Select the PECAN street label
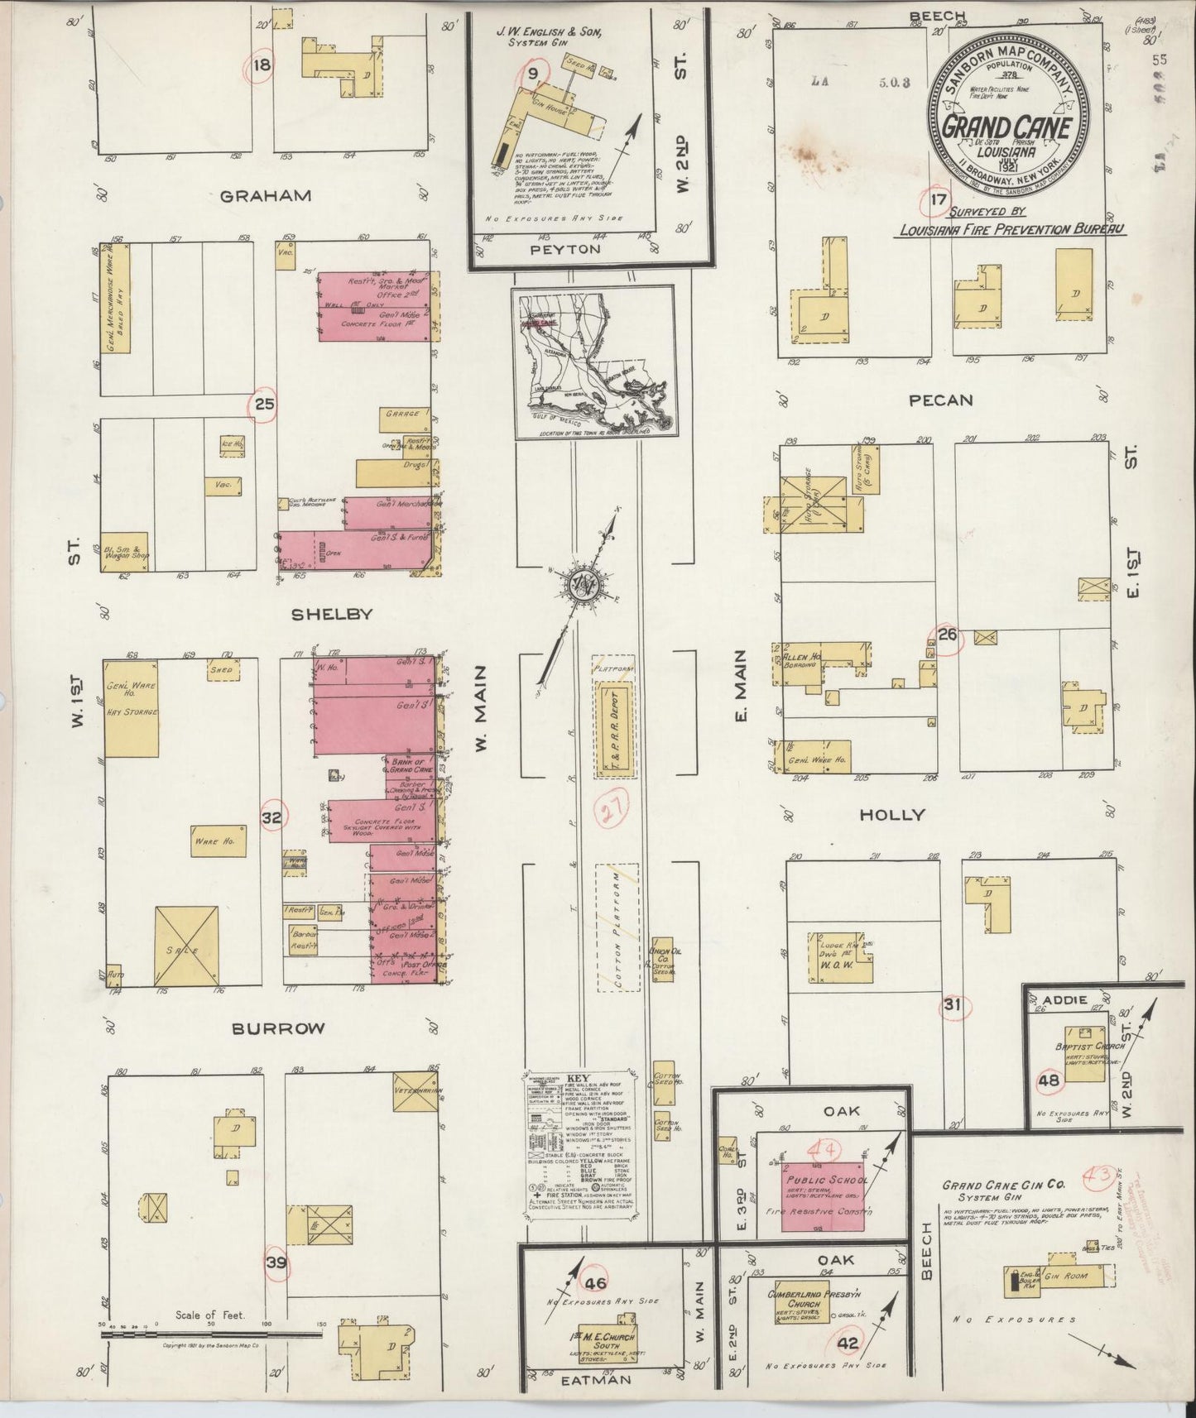(940, 400)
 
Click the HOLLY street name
(891, 815)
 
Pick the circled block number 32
(271, 817)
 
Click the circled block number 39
(276, 1262)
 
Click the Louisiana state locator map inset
(592, 360)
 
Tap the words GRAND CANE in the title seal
(1006, 128)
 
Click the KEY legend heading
(575, 1080)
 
